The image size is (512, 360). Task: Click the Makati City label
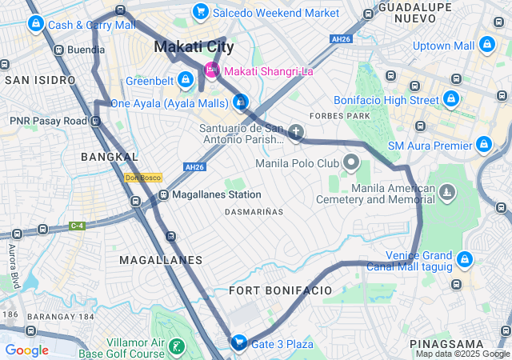pyautogui.click(x=194, y=47)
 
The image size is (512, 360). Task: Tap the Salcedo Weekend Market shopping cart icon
pyautogui.click(x=200, y=13)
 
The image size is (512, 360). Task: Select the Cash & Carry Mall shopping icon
pyautogui.click(x=35, y=24)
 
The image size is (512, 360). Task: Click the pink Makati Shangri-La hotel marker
pyautogui.click(x=212, y=70)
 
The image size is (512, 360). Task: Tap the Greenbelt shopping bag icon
pyautogui.click(x=186, y=80)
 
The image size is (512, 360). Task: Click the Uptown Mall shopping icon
pyautogui.click(x=487, y=46)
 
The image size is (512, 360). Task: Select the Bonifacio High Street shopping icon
pyautogui.click(x=451, y=100)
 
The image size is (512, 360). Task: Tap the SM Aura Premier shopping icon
pyautogui.click(x=483, y=145)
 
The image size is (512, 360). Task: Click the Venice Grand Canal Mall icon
pyautogui.click(x=465, y=259)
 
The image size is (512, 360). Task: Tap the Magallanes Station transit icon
pyautogui.click(x=163, y=194)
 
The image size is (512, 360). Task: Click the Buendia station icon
pyautogui.click(x=58, y=49)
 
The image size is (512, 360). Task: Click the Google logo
pyautogui.click(x=26, y=350)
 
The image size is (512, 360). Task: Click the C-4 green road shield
pyautogui.click(x=77, y=226)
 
